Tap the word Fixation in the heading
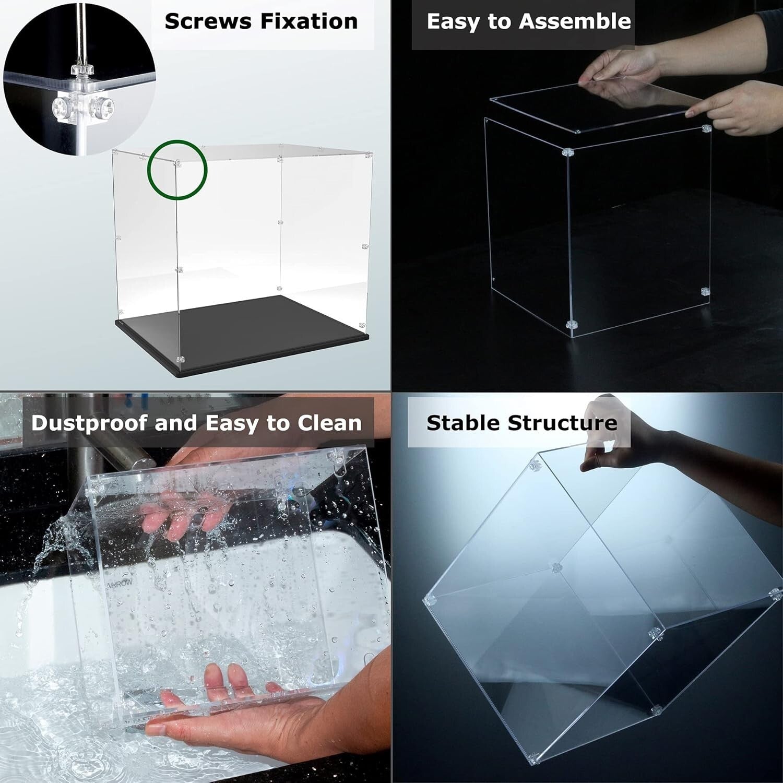coord(309,22)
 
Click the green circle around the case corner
coord(177,142)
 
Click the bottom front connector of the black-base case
coord(181,360)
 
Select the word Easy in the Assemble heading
coord(452,22)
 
